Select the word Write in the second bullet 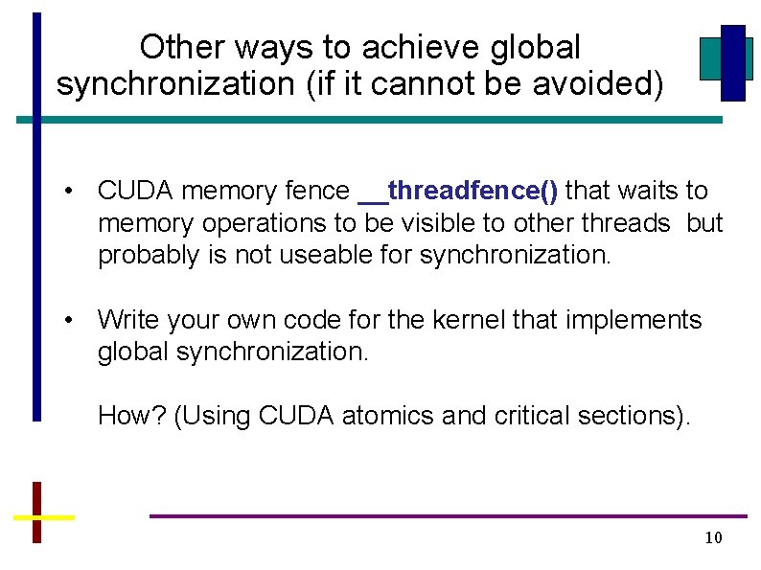point(127,320)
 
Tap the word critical point(518,416)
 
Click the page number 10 point(713,537)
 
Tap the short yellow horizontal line point(43,517)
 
